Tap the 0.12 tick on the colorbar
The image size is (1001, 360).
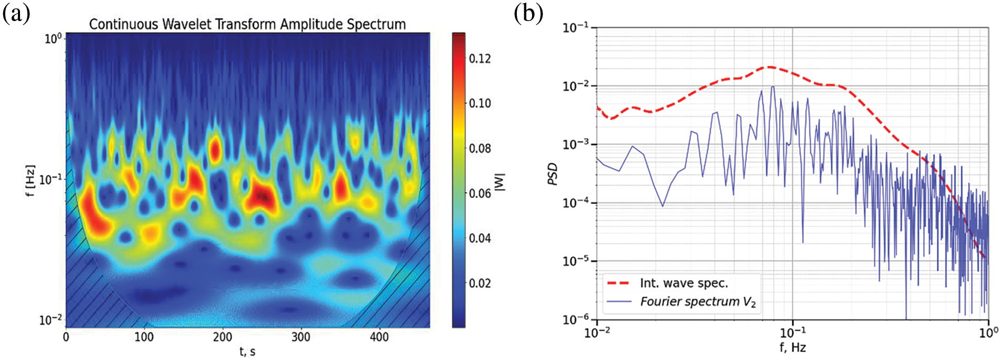tap(480, 59)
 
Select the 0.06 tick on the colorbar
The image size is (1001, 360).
tap(480, 193)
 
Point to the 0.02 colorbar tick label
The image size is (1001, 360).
tap(480, 284)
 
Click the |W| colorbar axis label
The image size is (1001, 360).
tap(500, 182)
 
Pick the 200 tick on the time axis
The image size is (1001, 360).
tap(222, 337)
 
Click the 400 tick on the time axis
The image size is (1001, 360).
tap(379, 337)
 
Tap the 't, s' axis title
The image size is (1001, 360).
tap(248, 351)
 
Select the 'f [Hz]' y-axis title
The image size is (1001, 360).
tap(31, 181)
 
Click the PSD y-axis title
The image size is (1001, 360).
tap(553, 174)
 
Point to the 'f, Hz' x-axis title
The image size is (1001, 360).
tap(792, 348)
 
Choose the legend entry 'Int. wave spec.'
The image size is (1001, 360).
tap(684, 284)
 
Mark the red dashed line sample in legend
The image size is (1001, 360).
tap(619, 284)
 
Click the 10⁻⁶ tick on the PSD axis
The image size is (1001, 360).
tap(575, 320)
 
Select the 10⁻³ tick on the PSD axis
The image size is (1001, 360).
tap(575, 144)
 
